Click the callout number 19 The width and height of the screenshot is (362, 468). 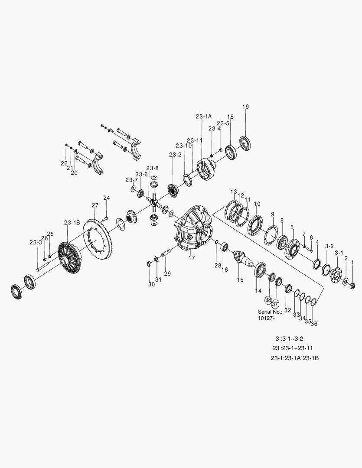point(245,107)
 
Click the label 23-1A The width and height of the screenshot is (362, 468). point(203,117)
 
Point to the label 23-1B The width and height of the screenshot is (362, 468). point(72,223)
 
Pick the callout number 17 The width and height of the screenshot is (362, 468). point(192,257)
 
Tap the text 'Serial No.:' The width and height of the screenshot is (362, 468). point(270,311)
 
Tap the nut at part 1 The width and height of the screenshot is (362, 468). point(352,285)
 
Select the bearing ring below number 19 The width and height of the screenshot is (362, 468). point(246,143)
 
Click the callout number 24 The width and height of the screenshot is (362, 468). point(106,198)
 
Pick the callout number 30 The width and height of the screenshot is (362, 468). point(151,284)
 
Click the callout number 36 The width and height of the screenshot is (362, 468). point(314,323)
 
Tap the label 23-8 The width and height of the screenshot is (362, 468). point(152,168)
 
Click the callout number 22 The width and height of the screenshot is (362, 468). point(64,163)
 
